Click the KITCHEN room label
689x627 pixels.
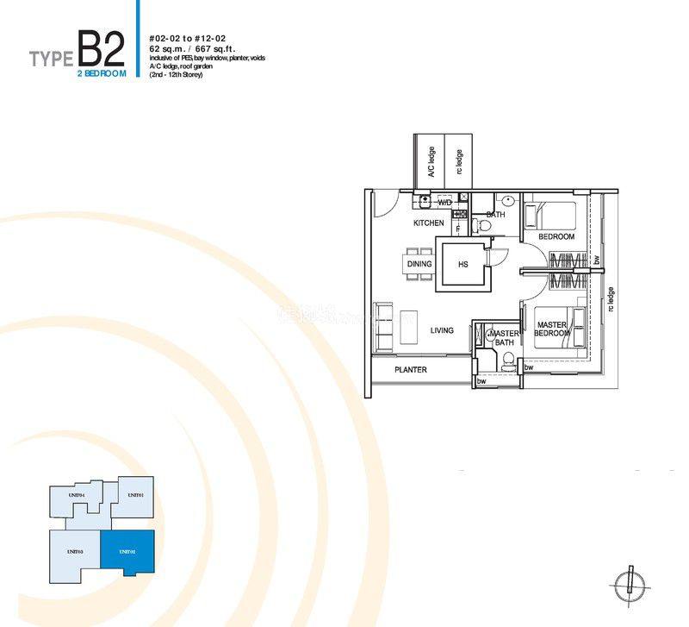pyautogui.click(x=428, y=223)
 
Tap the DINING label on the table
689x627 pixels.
pyautogui.click(x=419, y=264)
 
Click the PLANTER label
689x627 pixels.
pyautogui.click(x=411, y=370)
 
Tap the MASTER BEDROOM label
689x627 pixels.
pyautogui.click(x=551, y=330)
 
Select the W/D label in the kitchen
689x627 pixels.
pyautogui.click(x=444, y=203)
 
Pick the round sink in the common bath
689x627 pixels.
pyautogui.click(x=508, y=201)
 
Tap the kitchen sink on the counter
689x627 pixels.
pyautogui.click(x=425, y=201)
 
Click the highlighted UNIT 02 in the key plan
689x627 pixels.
pyautogui.click(x=126, y=550)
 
